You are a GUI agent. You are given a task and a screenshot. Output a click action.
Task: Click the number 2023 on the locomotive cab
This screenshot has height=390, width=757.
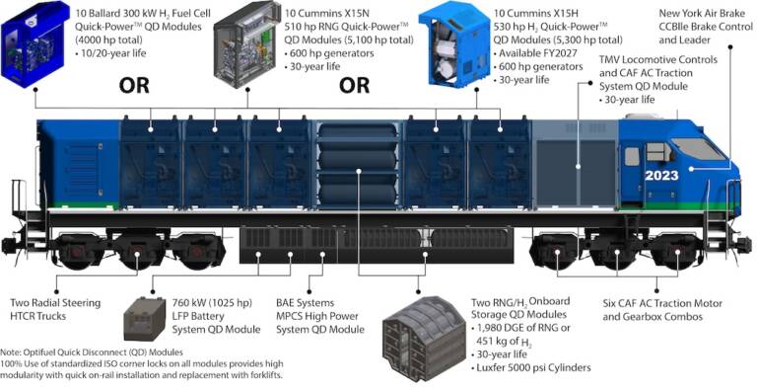click(661, 175)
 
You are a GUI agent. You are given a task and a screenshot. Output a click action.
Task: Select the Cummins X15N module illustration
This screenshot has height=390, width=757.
click(242, 39)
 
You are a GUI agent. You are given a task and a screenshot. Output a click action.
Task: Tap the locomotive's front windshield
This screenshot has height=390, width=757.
click(702, 148)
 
